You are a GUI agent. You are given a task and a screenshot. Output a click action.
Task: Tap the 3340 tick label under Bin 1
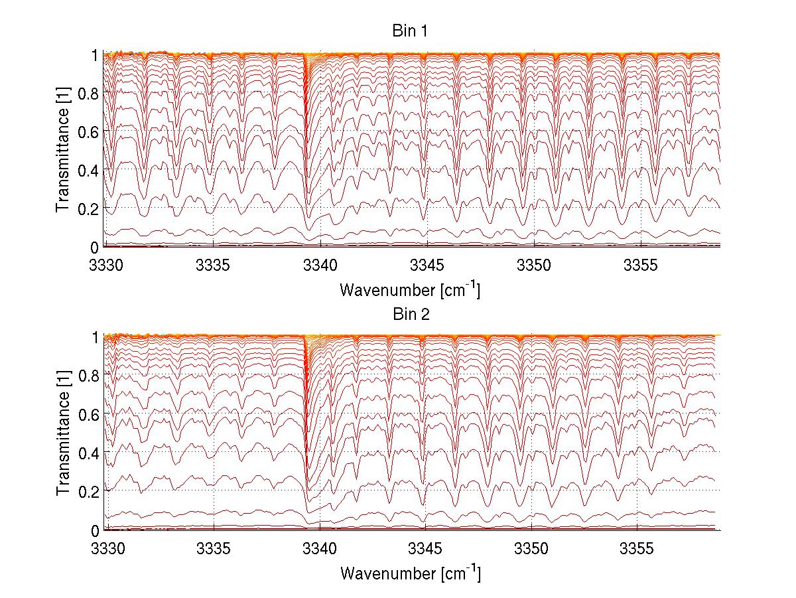(x=320, y=265)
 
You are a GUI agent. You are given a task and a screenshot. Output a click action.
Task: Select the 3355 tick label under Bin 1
(x=641, y=265)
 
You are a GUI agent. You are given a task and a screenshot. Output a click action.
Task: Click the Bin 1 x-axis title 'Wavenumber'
(x=410, y=290)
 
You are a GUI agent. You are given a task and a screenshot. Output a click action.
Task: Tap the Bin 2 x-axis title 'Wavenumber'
(x=410, y=573)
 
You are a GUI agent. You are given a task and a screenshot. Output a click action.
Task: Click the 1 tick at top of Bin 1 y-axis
(x=96, y=55)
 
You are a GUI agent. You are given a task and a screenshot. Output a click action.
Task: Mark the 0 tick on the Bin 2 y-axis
(x=96, y=530)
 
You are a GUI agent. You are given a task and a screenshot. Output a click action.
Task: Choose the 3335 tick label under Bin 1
(x=213, y=265)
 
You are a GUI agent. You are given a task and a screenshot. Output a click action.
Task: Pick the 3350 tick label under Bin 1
(x=534, y=265)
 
